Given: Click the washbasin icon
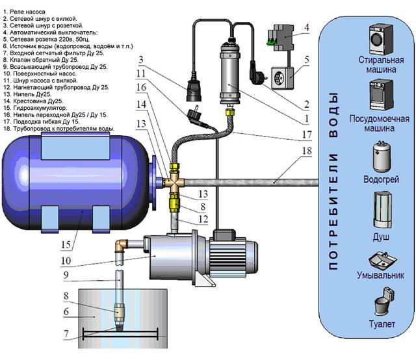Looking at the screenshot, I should click(378, 260).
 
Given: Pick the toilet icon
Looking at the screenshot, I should click(378, 306).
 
